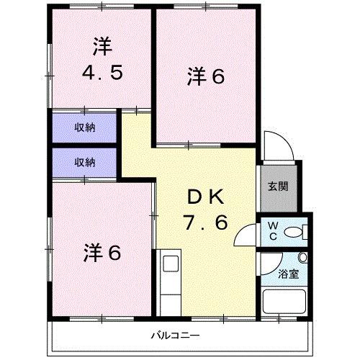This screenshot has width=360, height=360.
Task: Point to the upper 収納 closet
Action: click(x=84, y=128)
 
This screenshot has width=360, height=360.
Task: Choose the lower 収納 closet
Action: click(x=84, y=163)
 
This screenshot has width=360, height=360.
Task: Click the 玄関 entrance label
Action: click(x=279, y=186)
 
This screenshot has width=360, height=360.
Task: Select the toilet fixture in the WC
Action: click(x=294, y=232)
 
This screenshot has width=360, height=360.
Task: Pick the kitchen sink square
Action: click(x=171, y=264)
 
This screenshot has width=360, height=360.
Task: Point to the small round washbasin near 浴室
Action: click(x=302, y=257)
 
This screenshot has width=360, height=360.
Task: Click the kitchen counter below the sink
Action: click(x=171, y=295)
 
